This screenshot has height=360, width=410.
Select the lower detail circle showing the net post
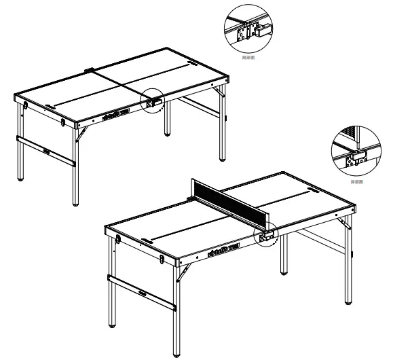356,150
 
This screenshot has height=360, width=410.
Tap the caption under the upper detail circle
248,58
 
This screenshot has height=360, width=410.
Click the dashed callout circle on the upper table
154,101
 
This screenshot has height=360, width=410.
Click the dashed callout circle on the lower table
265,235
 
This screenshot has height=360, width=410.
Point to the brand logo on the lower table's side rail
221,253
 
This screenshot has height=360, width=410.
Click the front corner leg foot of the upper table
75,202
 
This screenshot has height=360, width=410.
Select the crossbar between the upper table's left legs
45,150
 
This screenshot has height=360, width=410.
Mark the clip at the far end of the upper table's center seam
90,69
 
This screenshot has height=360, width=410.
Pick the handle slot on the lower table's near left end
147,238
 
